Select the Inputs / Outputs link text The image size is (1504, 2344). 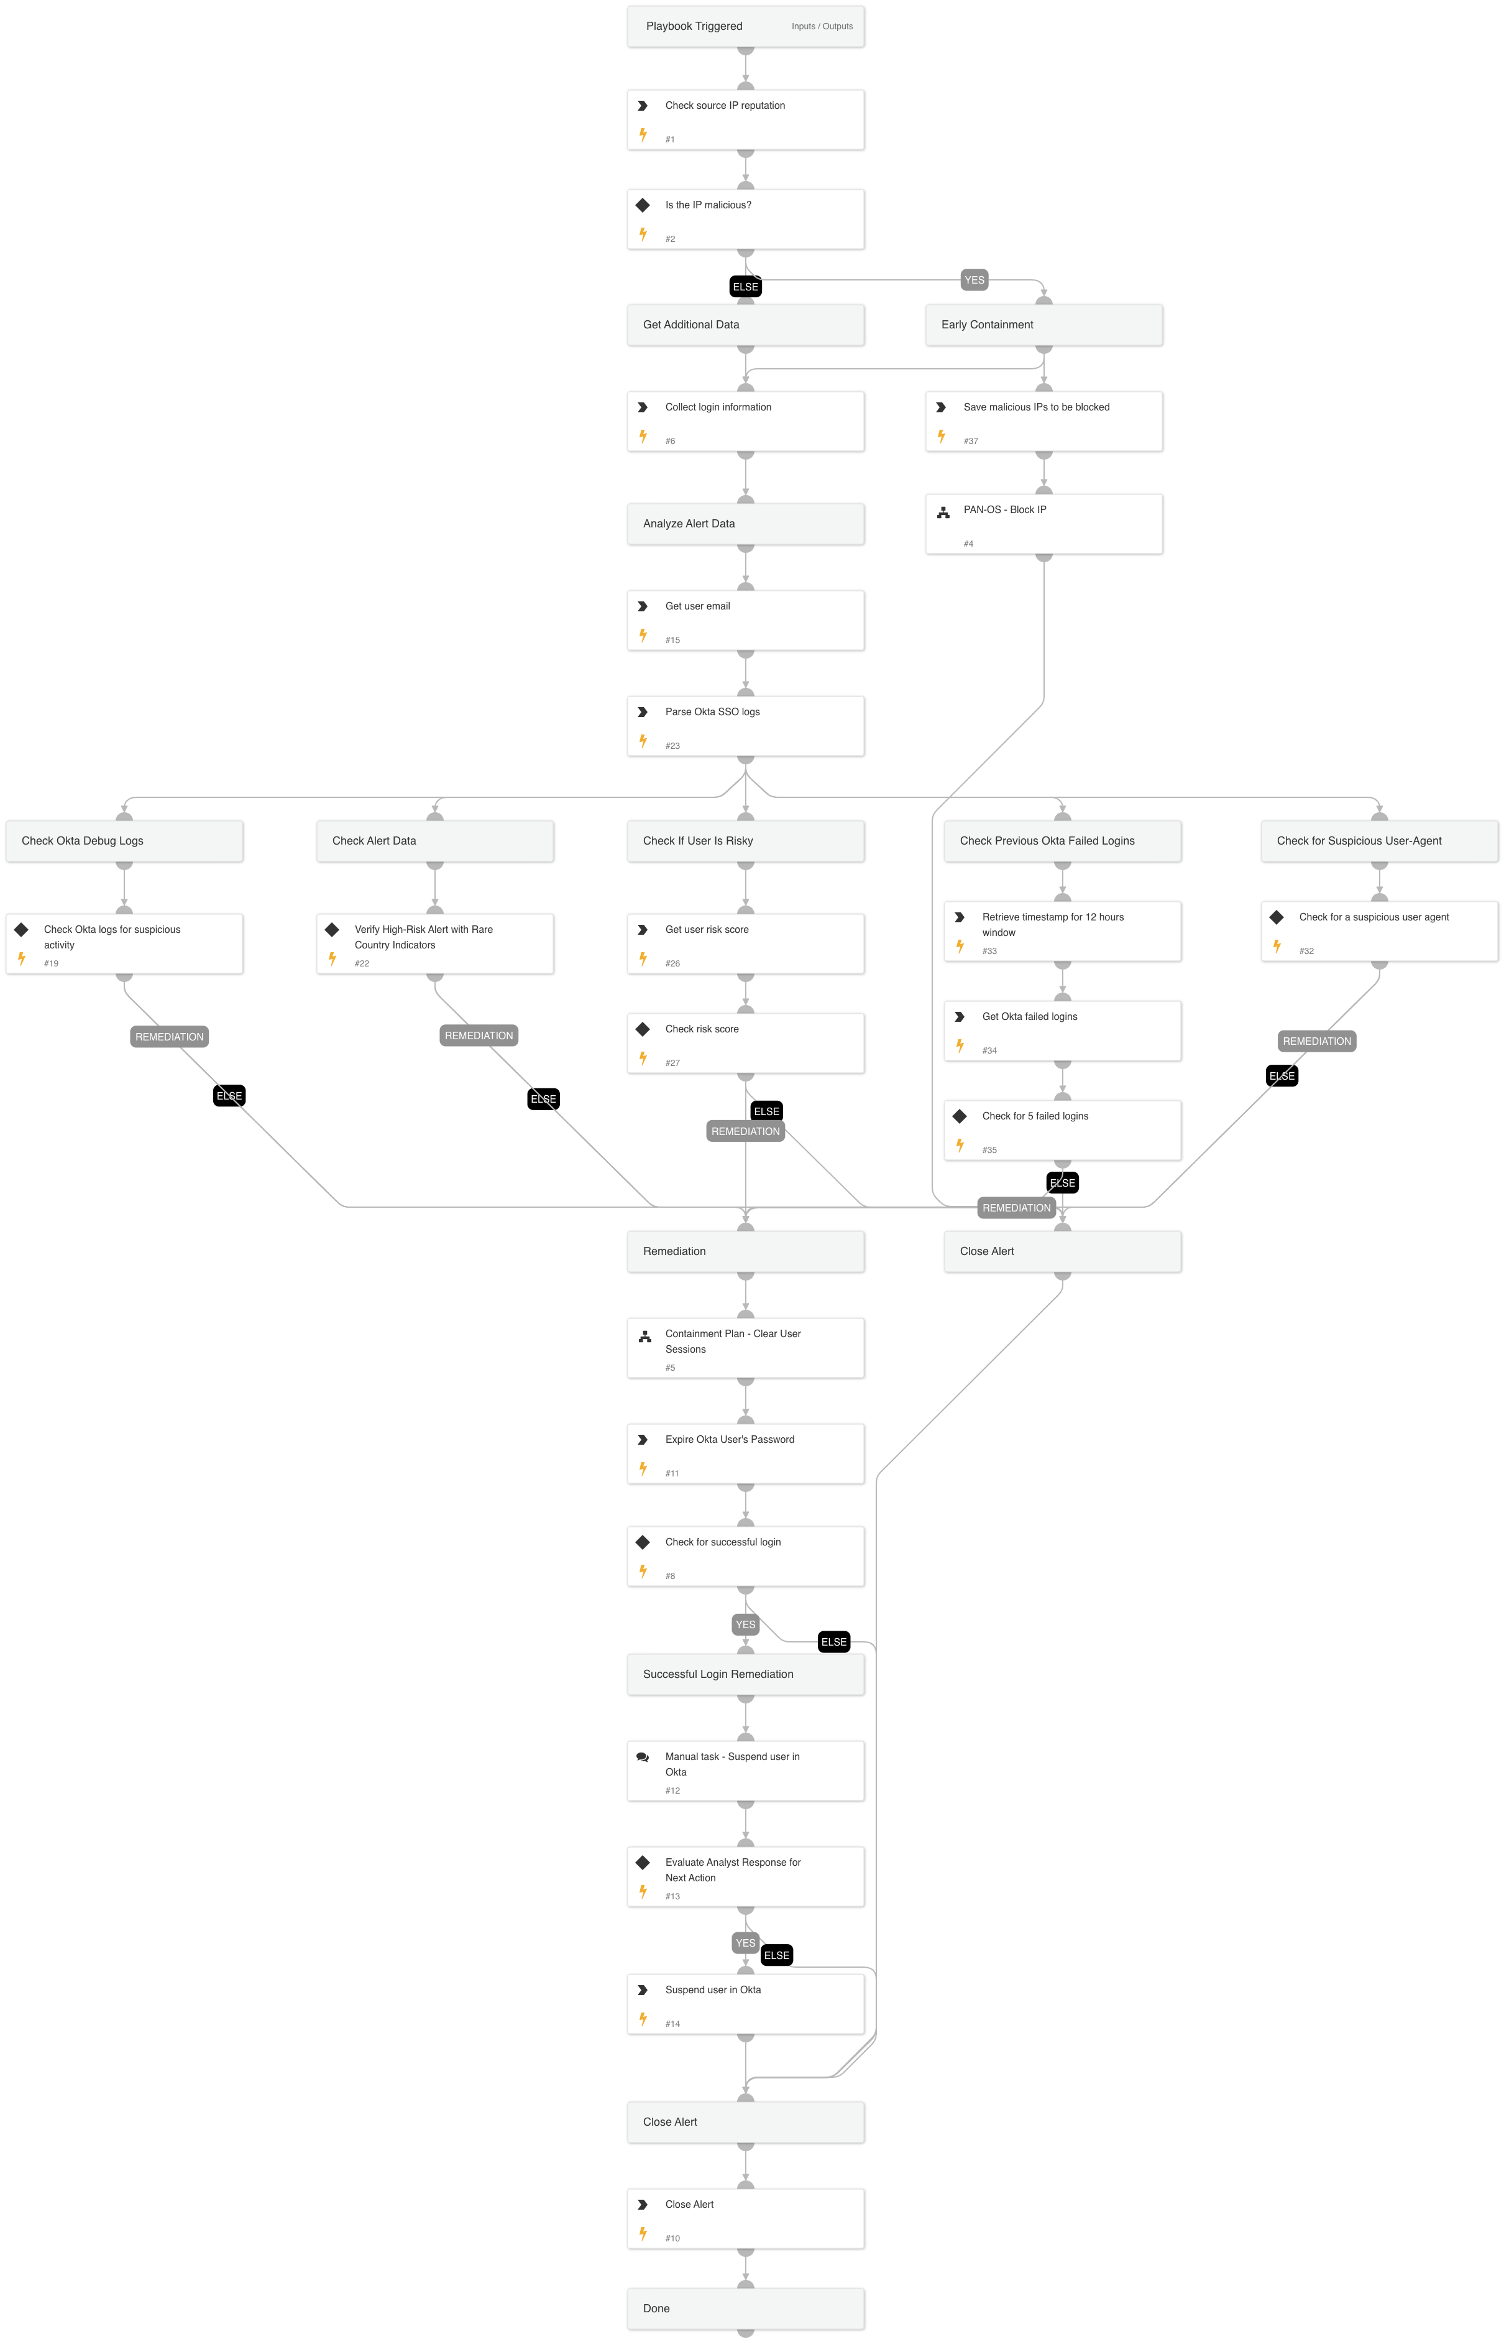[x=822, y=26]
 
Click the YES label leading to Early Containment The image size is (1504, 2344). [x=974, y=280]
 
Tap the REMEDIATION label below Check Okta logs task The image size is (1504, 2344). [x=169, y=1037]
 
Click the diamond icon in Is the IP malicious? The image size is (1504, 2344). [x=643, y=205]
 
